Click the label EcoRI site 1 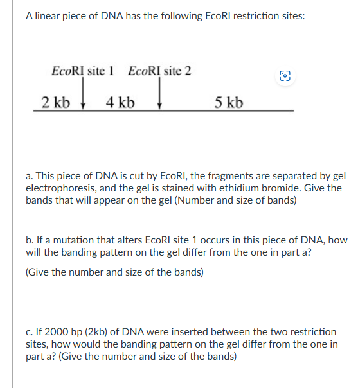82,70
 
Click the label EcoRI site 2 159,70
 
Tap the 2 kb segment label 55,101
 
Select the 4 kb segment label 120,101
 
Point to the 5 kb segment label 229,101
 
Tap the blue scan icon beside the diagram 284,76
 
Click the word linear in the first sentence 50,16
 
